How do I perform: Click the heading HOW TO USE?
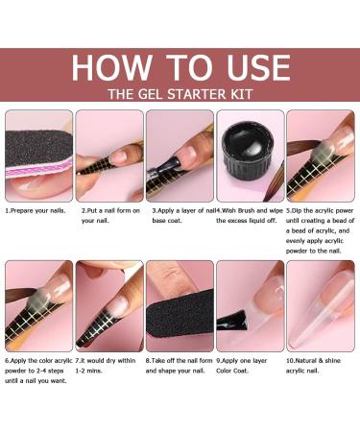[180, 68]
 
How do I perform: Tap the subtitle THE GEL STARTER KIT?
[180, 94]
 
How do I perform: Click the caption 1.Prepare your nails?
[36, 211]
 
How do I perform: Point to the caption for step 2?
[110, 216]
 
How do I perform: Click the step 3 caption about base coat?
[182, 216]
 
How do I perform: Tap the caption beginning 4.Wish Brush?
[250, 216]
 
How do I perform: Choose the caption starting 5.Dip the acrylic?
[320, 230]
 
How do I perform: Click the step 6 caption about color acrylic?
[38, 371]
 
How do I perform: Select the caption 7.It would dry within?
[106, 366]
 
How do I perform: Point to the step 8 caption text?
[179, 366]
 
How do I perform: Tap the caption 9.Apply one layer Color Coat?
[241, 366]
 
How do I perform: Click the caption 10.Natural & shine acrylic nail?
[313, 366]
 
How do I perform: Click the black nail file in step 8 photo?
[180, 313]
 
